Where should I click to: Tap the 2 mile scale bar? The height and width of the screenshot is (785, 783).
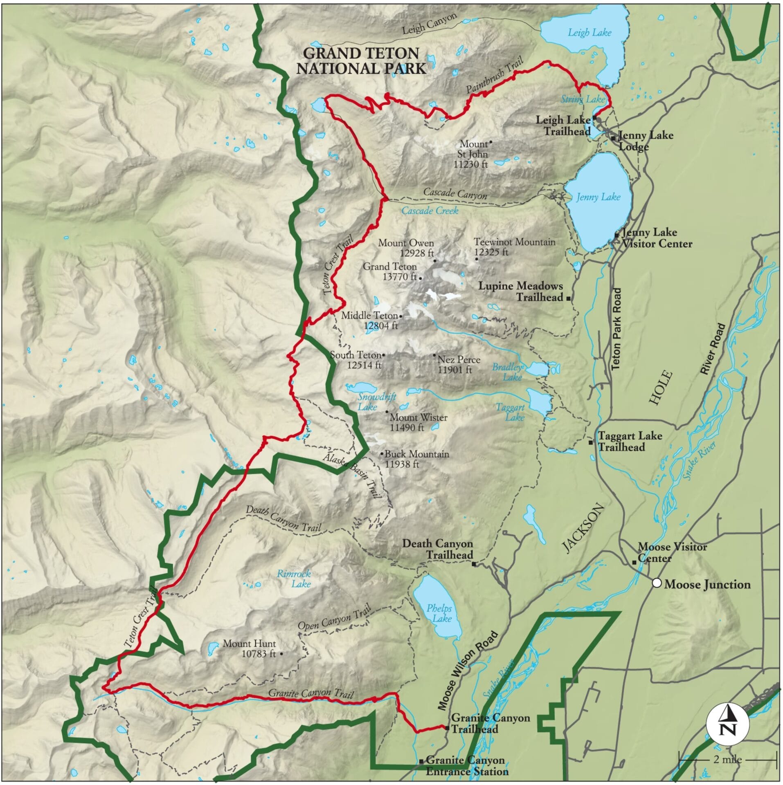tap(727, 760)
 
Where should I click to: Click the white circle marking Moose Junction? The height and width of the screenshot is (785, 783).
tap(656, 583)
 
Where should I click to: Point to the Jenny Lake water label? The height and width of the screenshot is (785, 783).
tap(598, 197)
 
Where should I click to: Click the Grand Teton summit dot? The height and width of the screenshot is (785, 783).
tap(421, 278)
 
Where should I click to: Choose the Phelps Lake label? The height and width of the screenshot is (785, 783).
tap(439, 613)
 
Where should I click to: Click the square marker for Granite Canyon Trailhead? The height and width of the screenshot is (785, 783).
tap(447, 728)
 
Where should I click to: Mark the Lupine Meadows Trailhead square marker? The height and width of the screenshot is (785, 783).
tap(569, 299)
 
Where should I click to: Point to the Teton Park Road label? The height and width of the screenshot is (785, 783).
tap(616, 329)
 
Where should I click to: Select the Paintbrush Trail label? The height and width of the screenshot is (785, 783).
tap(489, 79)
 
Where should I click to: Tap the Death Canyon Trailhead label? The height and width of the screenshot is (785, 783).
tap(438, 549)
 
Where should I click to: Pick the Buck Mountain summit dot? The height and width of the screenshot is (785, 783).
tap(382, 454)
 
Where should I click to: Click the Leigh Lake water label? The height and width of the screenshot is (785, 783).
tap(589, 33)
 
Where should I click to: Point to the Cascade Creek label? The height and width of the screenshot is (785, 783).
tap(430, 211)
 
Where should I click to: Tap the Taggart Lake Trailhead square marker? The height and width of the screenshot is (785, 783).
tap(591, 442)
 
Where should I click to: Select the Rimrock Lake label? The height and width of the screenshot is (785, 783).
tap(294, 579)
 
